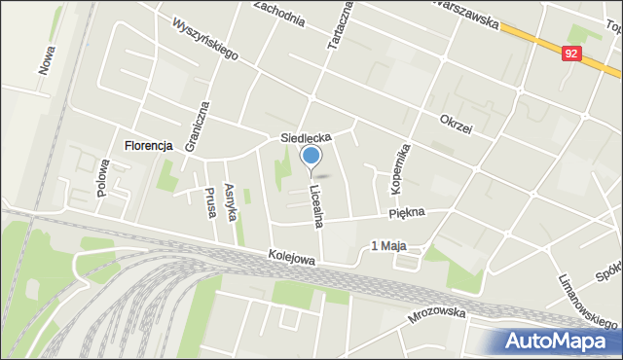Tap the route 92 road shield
click(x=571, y=56)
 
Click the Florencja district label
click(x=148, y=146)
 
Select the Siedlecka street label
click(x=307, y=138)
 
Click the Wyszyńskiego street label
click(x=205, y=38)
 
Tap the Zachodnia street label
click(x=285, y=13)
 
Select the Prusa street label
click(x=209, y=201)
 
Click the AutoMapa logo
click(x=558, y=341)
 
